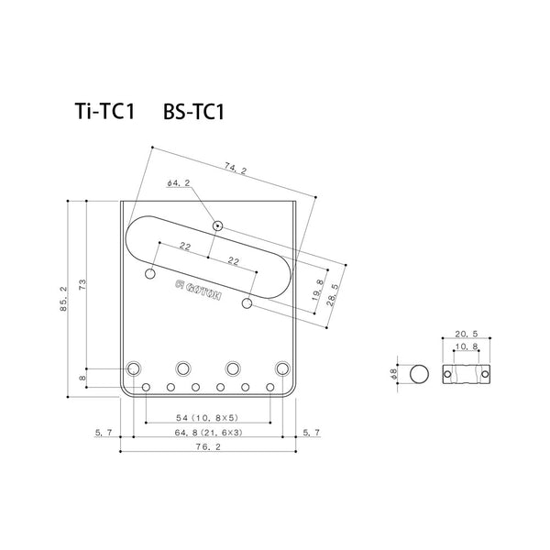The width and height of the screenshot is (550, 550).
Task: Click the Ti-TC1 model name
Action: (104, 112)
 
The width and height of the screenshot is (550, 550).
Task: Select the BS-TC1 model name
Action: (193, 112)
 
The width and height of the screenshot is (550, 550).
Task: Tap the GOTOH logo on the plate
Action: (198, 290)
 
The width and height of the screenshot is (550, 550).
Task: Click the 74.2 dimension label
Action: (236, 170)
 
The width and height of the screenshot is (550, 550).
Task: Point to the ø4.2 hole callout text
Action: (178, 182)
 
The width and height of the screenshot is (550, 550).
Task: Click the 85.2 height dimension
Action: (63, 299)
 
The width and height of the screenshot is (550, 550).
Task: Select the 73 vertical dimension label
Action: (82, 284)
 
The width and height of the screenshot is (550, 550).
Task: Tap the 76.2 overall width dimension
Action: (208, 447)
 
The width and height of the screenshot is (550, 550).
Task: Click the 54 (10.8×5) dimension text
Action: (207, 417)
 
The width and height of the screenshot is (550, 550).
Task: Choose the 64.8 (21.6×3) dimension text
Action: (208, 433)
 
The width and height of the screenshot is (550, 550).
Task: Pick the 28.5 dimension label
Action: (333, 295)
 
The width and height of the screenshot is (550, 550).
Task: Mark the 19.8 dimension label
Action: (318, 291)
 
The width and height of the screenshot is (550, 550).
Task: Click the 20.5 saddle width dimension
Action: (467, 334)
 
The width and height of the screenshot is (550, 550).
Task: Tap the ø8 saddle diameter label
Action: (393, 374)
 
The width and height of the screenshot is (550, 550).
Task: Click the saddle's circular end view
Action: (419, 374)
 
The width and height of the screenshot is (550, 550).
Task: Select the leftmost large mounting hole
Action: (134, 368)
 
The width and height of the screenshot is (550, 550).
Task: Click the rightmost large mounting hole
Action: (282, 368)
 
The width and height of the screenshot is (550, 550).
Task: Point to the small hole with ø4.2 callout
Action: (217, 225)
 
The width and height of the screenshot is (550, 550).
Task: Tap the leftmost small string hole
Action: (147, 387)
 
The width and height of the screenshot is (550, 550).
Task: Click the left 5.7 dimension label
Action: (103, 433)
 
